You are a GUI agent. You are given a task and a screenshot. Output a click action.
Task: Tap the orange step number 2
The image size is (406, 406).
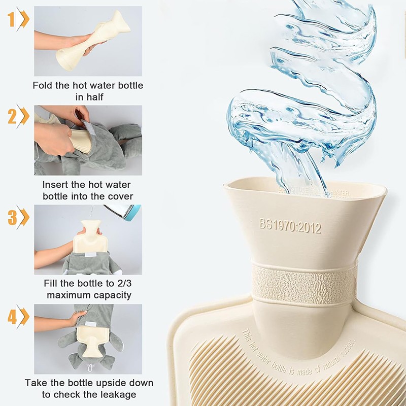tap(11, 117)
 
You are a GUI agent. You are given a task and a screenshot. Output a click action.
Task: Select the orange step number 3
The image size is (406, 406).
tap(11, 217)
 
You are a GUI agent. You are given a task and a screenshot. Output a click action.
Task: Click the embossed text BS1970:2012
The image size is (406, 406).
tap(290, 224)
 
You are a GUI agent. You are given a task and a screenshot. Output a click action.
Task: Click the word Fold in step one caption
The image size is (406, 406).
tap(44, 85)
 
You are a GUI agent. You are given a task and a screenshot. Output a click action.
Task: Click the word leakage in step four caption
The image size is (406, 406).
tap(119, 394)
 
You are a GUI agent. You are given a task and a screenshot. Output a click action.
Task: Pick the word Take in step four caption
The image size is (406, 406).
tap(35, 383)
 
